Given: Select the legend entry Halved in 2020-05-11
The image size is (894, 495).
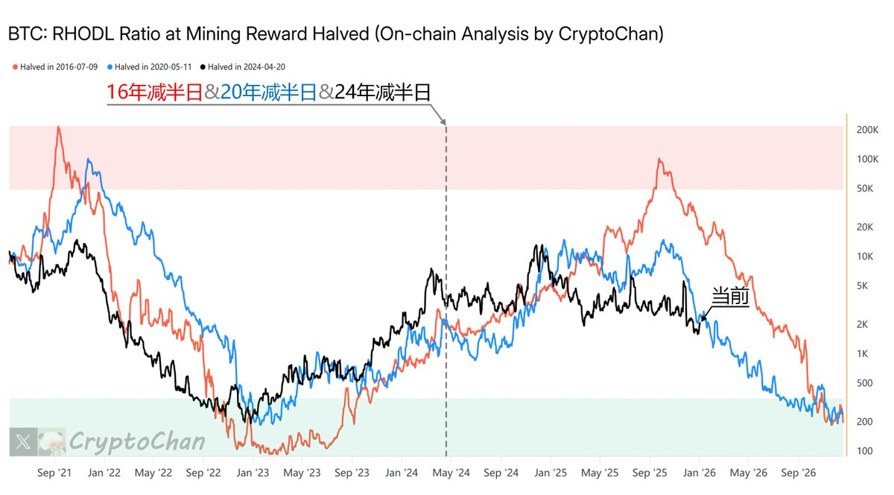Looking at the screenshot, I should coord(153,67).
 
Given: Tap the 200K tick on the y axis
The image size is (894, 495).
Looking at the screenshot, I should coord(867,130).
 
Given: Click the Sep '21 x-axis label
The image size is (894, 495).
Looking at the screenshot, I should coord(54,473).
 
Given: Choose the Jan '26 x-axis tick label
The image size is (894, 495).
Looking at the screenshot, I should coord(700,473).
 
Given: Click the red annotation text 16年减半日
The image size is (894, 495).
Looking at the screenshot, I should coord(154,92).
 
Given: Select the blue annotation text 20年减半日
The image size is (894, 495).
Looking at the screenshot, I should coord(269,92).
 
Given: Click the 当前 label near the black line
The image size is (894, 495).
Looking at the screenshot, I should coord(730,296).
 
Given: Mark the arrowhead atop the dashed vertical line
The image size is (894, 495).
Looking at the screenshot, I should coord(445,121).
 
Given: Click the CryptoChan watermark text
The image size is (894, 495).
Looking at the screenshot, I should coord(137,441).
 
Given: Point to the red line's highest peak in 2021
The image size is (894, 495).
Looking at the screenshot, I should coord(58,127).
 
